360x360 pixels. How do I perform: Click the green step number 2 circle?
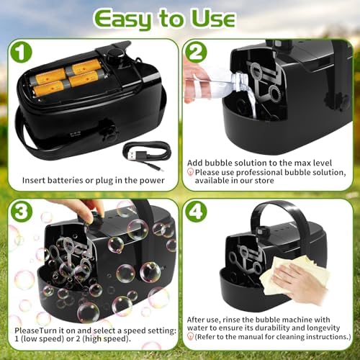pos(196,52)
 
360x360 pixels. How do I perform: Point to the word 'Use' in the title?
pos(213,18)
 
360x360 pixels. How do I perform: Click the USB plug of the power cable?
pos(131,156)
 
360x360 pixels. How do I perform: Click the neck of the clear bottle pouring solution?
pos(240,81)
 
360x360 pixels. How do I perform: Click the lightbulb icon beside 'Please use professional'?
pos(190,172)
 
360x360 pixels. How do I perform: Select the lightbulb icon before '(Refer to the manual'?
pos(190,336)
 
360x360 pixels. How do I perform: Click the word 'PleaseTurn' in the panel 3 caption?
pos(36,330)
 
